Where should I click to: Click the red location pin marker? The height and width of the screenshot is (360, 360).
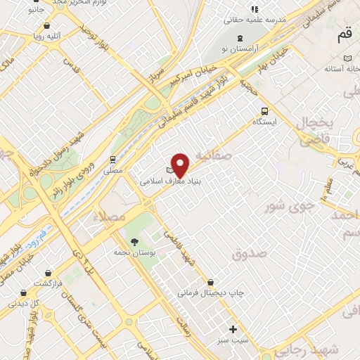pos(181,165)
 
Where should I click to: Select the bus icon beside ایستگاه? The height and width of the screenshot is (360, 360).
pos(265,110)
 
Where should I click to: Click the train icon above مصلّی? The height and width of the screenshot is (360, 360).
pos(112,159)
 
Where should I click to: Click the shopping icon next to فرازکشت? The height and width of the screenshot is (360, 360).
pos(47,271)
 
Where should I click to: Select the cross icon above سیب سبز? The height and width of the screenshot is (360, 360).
pos(233,328)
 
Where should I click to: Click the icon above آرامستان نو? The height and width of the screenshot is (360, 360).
pos(241,37)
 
